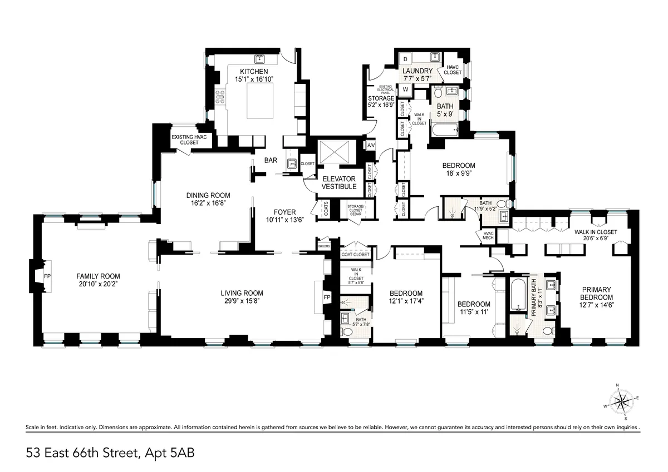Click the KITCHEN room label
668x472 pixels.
coord(254,72)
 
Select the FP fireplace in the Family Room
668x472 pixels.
coord(47,276)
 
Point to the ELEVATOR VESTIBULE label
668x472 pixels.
coord(339,182)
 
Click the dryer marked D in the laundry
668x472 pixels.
coord(405,59)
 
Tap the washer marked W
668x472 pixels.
coord(405,89)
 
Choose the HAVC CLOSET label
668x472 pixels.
coord(453,69)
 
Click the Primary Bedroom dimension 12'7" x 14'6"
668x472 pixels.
coord(597,305)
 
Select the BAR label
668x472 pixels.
coord(271,160)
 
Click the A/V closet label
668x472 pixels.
coord(371,145)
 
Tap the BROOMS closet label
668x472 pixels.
coord(323,246)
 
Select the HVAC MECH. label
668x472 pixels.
coord(489,235)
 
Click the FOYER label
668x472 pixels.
coord(284,212)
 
